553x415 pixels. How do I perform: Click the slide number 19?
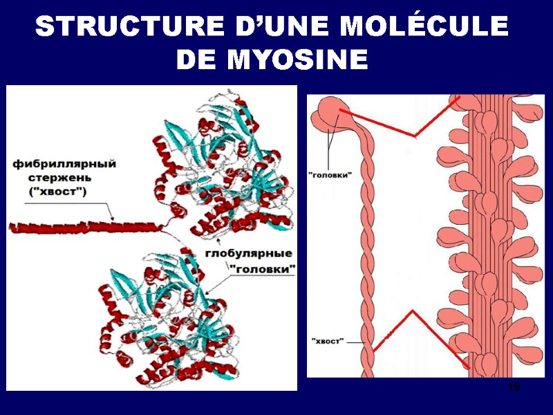pyautogui.click(x=513, y=387)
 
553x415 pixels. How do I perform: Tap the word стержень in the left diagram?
pyautogui.click(x=43, y=178)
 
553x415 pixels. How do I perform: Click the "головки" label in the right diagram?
pyautogui.click(x=330, y=175)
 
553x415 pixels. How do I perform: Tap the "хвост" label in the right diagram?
pyautogui.click(x=328, y=341)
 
